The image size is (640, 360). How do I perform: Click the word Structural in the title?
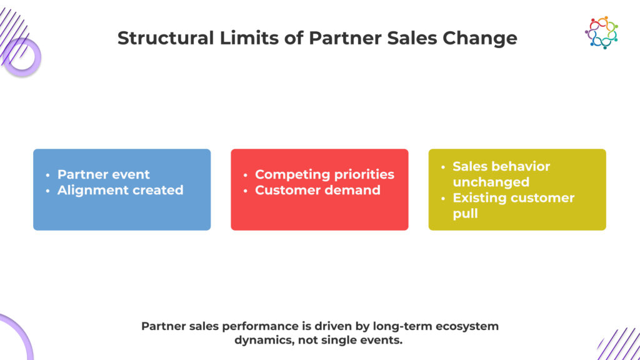click(166, 38)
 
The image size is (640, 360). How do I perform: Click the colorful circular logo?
click(601, 32)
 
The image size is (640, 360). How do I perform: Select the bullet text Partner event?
click(104, 174)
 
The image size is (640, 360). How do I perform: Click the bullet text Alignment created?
click(121, 190)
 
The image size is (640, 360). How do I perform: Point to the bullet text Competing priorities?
click(324, 174)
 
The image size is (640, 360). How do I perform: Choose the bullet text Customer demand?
click(317, 190)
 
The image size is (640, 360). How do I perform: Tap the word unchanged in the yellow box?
click(491, 182)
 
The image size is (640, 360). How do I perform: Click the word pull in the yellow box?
click(465, 214)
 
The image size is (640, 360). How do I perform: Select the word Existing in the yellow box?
click(479, 198)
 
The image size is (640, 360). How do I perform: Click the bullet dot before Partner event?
click(47, 175)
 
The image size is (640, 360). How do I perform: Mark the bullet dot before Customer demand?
click(245, 191)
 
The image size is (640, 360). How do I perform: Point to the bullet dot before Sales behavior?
click(443, 167)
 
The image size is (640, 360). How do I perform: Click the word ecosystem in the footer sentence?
click(467, 326)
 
